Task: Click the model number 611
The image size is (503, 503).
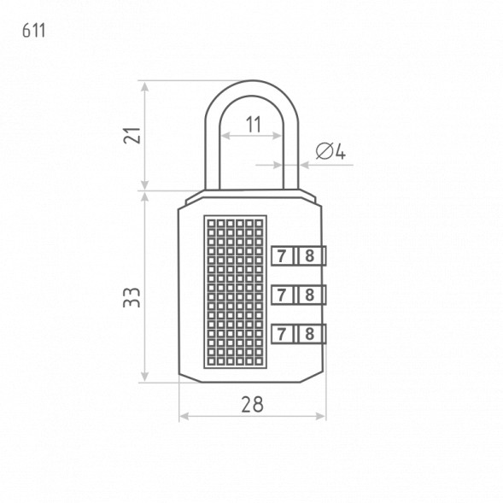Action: coord(33,31)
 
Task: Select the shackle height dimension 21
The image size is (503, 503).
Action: coord(132,136)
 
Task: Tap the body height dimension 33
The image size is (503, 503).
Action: coord(132,298)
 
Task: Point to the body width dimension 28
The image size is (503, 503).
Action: coord(252,404)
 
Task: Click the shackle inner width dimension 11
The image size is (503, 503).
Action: coord(254,125)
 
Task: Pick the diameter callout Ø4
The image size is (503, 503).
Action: coord(330,151)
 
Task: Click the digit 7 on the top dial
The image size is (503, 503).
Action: coord(282,256)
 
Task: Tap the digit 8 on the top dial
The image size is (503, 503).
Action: coord(309,256)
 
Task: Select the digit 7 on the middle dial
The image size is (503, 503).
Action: coord(282,295)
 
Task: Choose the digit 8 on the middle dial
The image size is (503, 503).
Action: coord(309,295)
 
